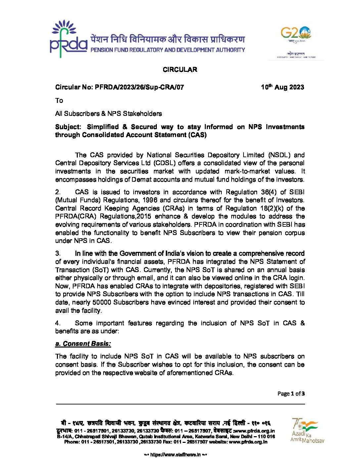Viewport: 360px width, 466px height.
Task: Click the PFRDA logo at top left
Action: (68, 39)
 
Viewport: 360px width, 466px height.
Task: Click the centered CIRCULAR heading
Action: (180, 70)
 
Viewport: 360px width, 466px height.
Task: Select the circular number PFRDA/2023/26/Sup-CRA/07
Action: (139, 87)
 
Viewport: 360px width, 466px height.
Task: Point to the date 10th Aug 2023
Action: (282, 87)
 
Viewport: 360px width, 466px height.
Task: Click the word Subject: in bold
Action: (68, 127)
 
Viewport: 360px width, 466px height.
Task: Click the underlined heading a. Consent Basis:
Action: (83, 344)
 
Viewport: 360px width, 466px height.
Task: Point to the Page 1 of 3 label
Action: (291, 394)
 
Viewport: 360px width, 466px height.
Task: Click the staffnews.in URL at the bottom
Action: (175, 455)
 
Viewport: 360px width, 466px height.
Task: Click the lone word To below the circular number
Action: (59, 101)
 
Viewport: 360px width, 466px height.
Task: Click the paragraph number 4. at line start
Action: (58, 323)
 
